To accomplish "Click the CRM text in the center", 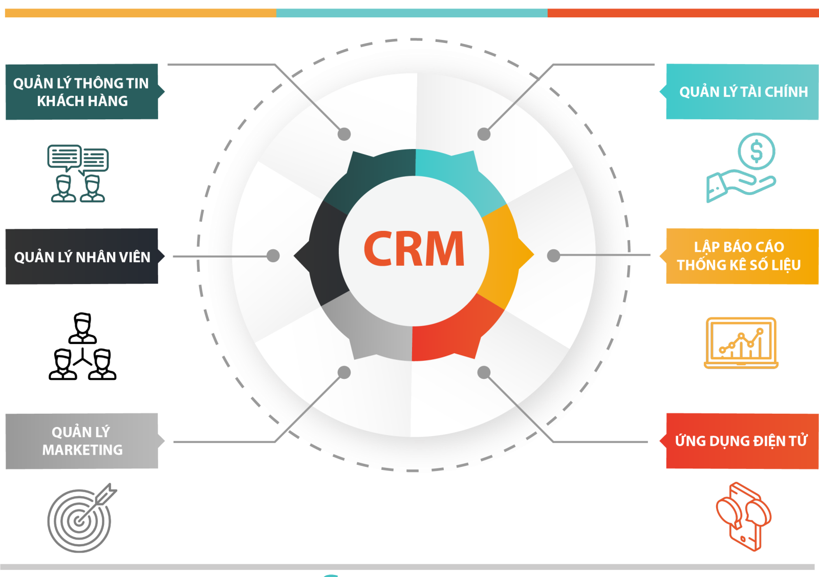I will [x=414, y=249].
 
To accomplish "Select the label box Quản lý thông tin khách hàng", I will [x=81, y=92].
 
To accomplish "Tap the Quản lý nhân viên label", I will [x=82, y=257].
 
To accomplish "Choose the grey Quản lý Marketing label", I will [x=82, y=441].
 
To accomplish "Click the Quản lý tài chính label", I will [x=742, y=92].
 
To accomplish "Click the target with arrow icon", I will [x=81, y=518].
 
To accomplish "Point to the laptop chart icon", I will [x=741, y=343].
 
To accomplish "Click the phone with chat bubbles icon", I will [x=743, y=516].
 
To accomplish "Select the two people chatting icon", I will [x=78, y=174].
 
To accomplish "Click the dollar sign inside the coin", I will [x=757, y=152].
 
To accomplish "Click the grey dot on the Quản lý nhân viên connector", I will [x=273, y=255].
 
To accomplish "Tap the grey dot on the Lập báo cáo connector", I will [x=553, y=255].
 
